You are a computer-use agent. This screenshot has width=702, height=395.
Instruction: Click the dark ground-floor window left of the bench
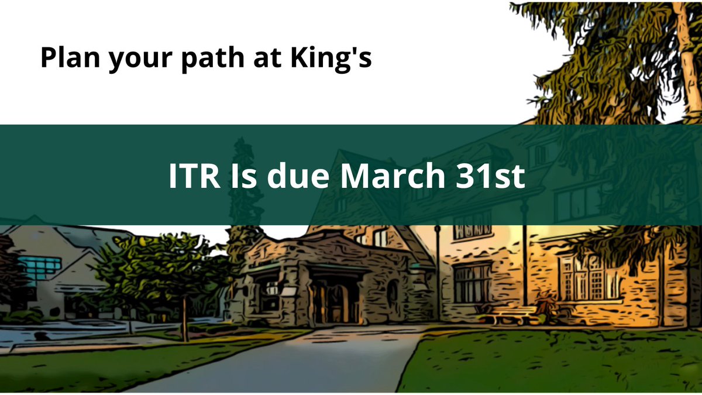[x=472, y=281]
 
